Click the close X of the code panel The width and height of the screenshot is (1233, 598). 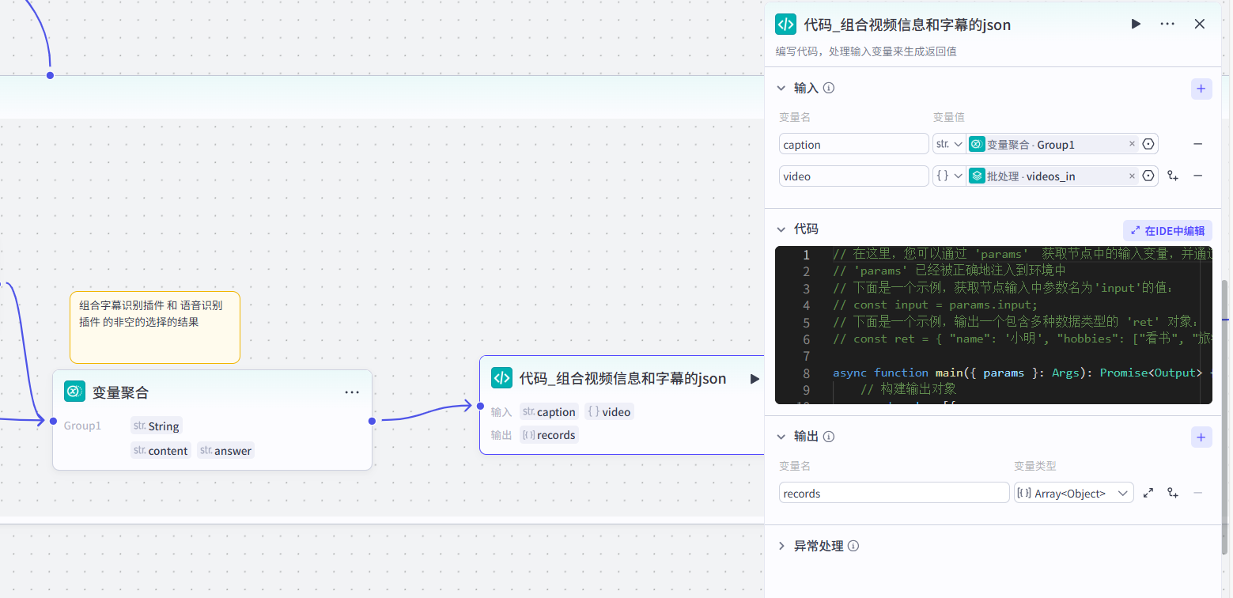1199,24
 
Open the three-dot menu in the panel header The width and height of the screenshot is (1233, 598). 1167,24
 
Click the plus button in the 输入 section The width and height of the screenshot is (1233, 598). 1201,89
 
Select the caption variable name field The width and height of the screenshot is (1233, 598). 853,144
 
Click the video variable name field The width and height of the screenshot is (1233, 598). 853,176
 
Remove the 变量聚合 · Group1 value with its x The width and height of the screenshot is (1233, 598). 1131,144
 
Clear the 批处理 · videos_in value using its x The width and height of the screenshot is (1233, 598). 1131,176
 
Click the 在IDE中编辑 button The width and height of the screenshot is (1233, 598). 1167,230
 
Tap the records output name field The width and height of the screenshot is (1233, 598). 894,493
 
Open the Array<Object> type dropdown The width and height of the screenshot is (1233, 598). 1074,493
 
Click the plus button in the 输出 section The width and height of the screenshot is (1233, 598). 1201,437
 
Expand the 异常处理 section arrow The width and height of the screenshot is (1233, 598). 781,546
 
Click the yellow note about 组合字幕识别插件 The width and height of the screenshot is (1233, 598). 154,327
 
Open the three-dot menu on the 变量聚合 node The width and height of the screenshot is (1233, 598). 352,392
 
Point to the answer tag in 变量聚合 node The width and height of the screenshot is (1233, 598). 226,451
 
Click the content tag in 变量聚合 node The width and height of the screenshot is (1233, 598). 161,451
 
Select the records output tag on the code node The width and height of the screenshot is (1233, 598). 550,435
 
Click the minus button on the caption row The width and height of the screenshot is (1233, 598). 1197,144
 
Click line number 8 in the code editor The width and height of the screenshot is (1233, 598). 806,373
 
